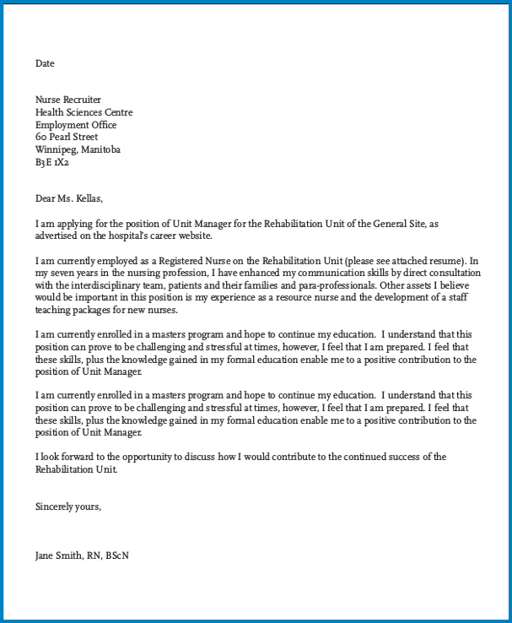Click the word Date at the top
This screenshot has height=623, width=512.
[45, 63]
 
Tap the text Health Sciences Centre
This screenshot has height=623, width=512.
[84, 112]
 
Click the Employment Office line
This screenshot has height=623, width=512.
[76, 125]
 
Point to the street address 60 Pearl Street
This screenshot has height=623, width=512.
[67, 137]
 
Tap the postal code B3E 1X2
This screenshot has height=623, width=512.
[52, 162]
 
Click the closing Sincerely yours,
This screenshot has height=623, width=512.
[68, 507]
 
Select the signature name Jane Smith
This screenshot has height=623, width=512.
[58, 555]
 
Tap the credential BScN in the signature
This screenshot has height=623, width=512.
[117, 555]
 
